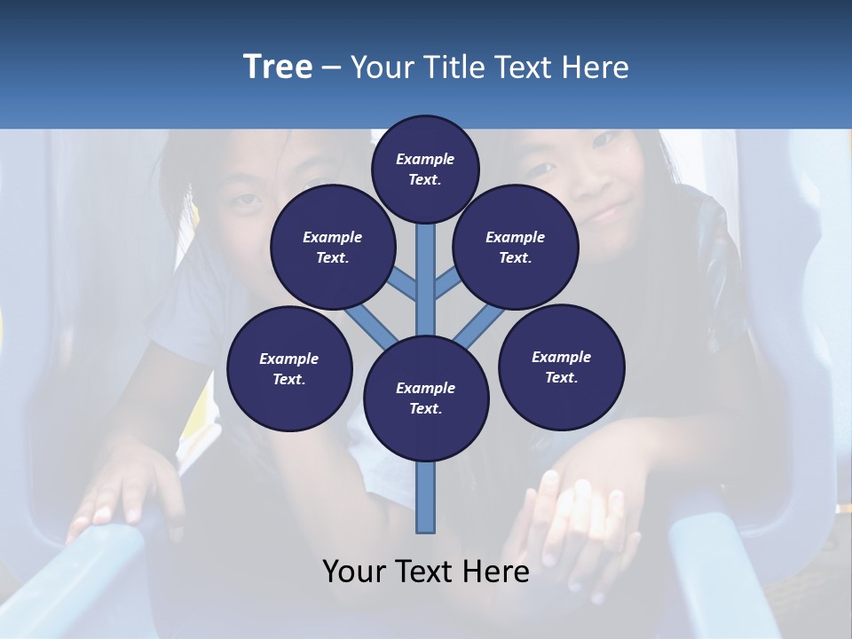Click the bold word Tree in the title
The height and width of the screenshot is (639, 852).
coord(278,67)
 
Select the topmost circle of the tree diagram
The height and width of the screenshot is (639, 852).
coord(425,169)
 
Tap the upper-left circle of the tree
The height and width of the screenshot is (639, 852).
coord(333,248)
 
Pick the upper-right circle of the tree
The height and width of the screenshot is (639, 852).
coord(516,248)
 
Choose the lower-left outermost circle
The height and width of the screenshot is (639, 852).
coord(289,368)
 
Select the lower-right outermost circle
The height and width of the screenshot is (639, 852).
coord(562,367)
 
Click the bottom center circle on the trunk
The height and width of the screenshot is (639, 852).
coord(426,398)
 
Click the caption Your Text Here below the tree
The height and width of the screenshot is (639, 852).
coord(426,572)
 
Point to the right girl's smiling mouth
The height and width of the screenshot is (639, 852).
coord(606,213)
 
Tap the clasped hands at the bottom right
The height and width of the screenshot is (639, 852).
coord(577,524)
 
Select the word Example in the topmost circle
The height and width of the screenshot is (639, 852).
coord(425,159)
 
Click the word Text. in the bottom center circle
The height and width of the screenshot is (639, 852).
coord(425,408)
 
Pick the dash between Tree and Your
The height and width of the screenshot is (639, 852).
coord(331,67)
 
